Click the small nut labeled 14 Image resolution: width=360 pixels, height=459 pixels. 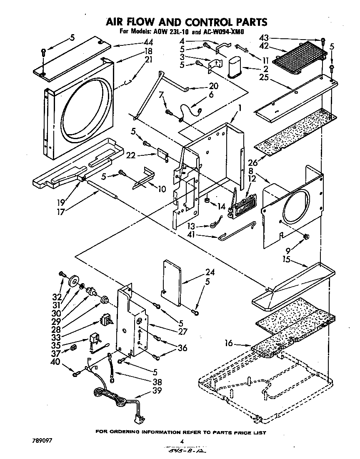207,201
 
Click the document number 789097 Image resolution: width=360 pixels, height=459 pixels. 41,440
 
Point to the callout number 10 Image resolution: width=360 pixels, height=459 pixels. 161,189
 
